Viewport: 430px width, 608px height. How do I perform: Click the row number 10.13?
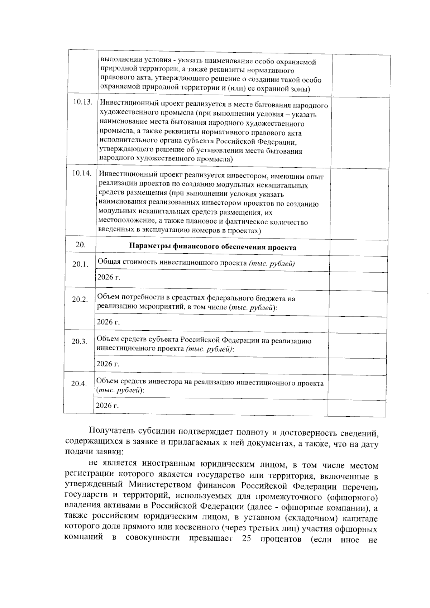click(x=83, y=102)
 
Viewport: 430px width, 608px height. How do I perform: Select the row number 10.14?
click(x=82, y=173)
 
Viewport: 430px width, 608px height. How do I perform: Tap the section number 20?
click(x=81, y=245)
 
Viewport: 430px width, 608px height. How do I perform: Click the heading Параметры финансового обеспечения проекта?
click(x=212, y=247)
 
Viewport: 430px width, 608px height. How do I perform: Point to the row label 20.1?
click(x=80, y=264)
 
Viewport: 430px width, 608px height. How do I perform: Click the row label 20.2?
click(x=80, y=300)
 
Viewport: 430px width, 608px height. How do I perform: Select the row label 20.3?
click(x=79, y=341)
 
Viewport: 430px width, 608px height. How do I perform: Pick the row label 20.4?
click(x=79, y=384)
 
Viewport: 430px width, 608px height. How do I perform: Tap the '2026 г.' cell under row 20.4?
click(x=107, y=406)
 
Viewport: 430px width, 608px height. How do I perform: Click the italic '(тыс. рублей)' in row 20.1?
click(x=271, y=264)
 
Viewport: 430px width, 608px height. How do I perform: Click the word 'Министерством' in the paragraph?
click(x=159, y=486)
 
